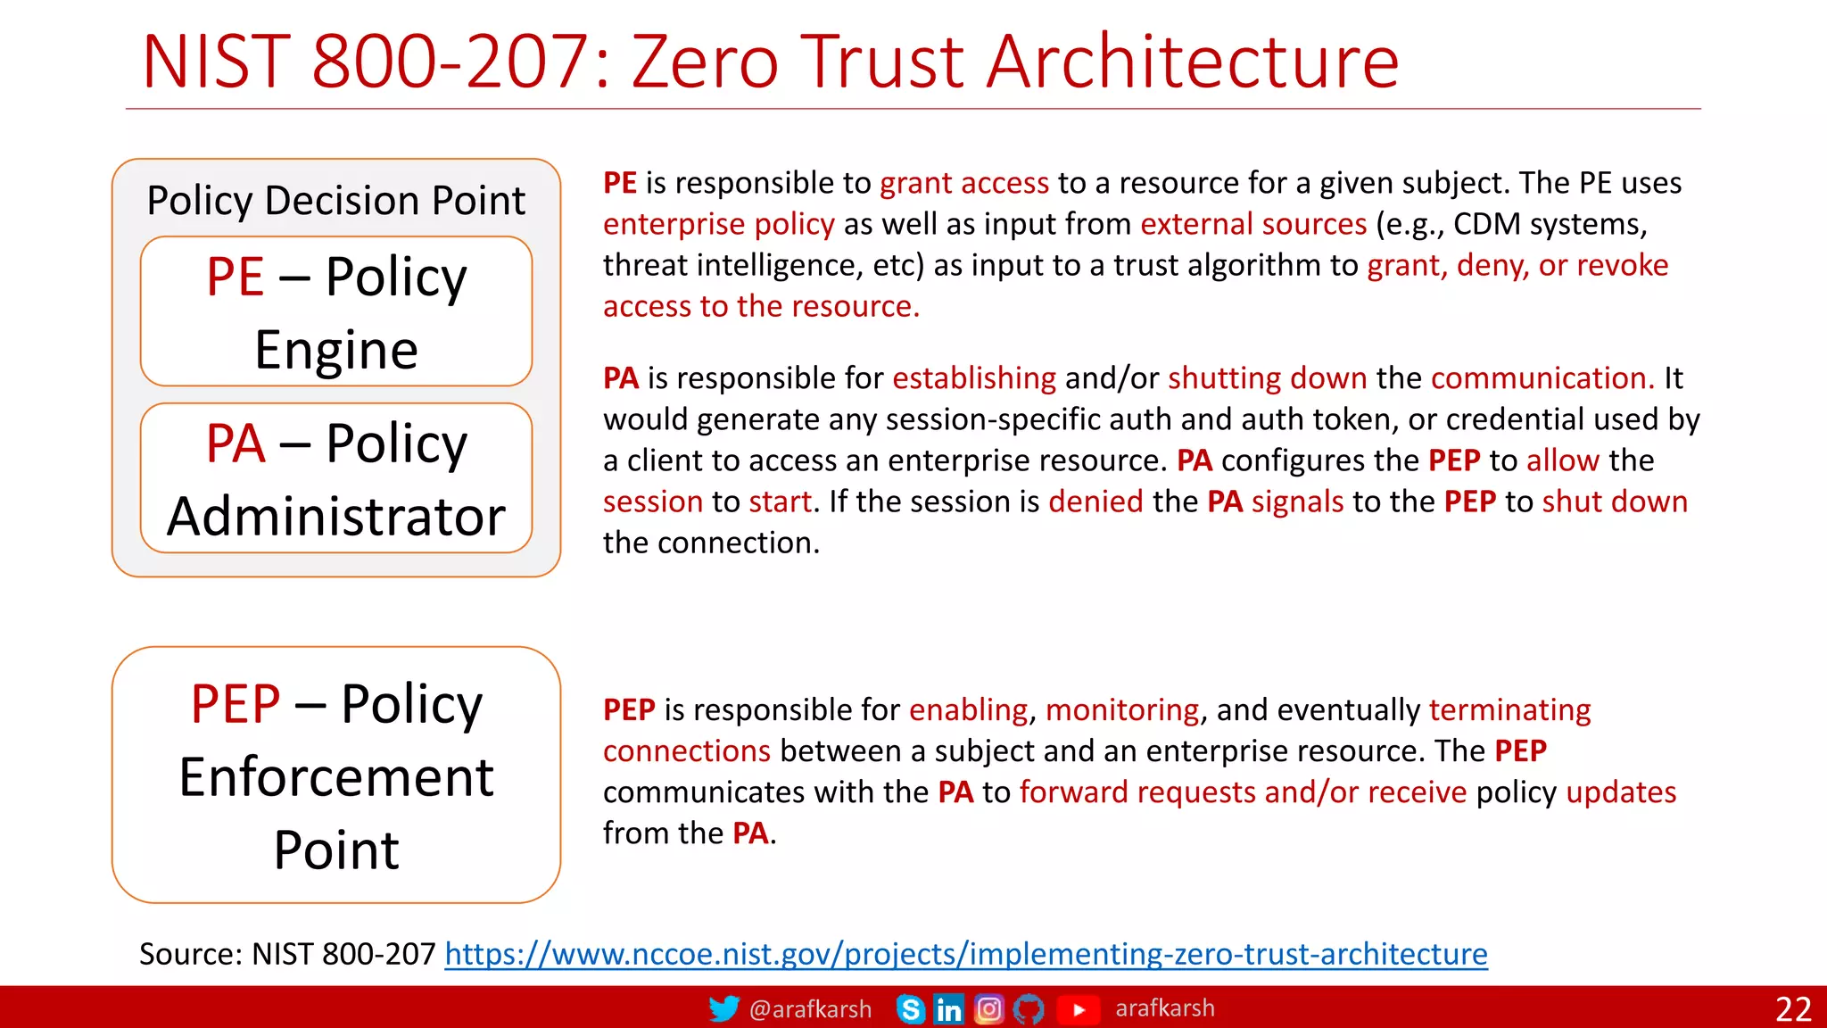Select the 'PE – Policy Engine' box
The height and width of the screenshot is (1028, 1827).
click(336, 311)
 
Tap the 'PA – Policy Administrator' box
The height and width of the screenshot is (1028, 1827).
click(336, 478)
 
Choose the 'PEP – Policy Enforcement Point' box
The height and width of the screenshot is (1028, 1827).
click(336, 775)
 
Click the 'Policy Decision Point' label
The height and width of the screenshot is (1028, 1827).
click(336, 200)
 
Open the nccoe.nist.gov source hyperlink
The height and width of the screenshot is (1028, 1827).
click(965, 954)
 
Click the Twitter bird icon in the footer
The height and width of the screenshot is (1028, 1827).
click(723, 1008)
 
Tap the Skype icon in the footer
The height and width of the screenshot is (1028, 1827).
click(910, 1009)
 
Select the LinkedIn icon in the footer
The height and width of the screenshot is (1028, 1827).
click(948, 1009)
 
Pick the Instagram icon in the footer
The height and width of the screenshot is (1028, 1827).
click(988, 1009)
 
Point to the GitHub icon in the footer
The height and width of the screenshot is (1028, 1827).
click(1029, 1009)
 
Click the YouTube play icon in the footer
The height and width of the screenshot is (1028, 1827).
click(1078, 1009)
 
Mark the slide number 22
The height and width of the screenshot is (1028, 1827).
click(1793, 1009)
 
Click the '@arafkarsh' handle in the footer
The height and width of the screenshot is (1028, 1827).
click(810, 1009)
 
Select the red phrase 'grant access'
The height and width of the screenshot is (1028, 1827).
click(963, 183)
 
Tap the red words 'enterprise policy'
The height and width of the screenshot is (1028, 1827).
click(718, 224)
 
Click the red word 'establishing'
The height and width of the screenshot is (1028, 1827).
click(973, 378)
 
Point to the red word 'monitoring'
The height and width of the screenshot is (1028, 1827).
click(1121, 710)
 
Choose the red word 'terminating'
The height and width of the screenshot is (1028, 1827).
click(1509, 710)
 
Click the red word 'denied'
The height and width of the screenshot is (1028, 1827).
click(1095, 502)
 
